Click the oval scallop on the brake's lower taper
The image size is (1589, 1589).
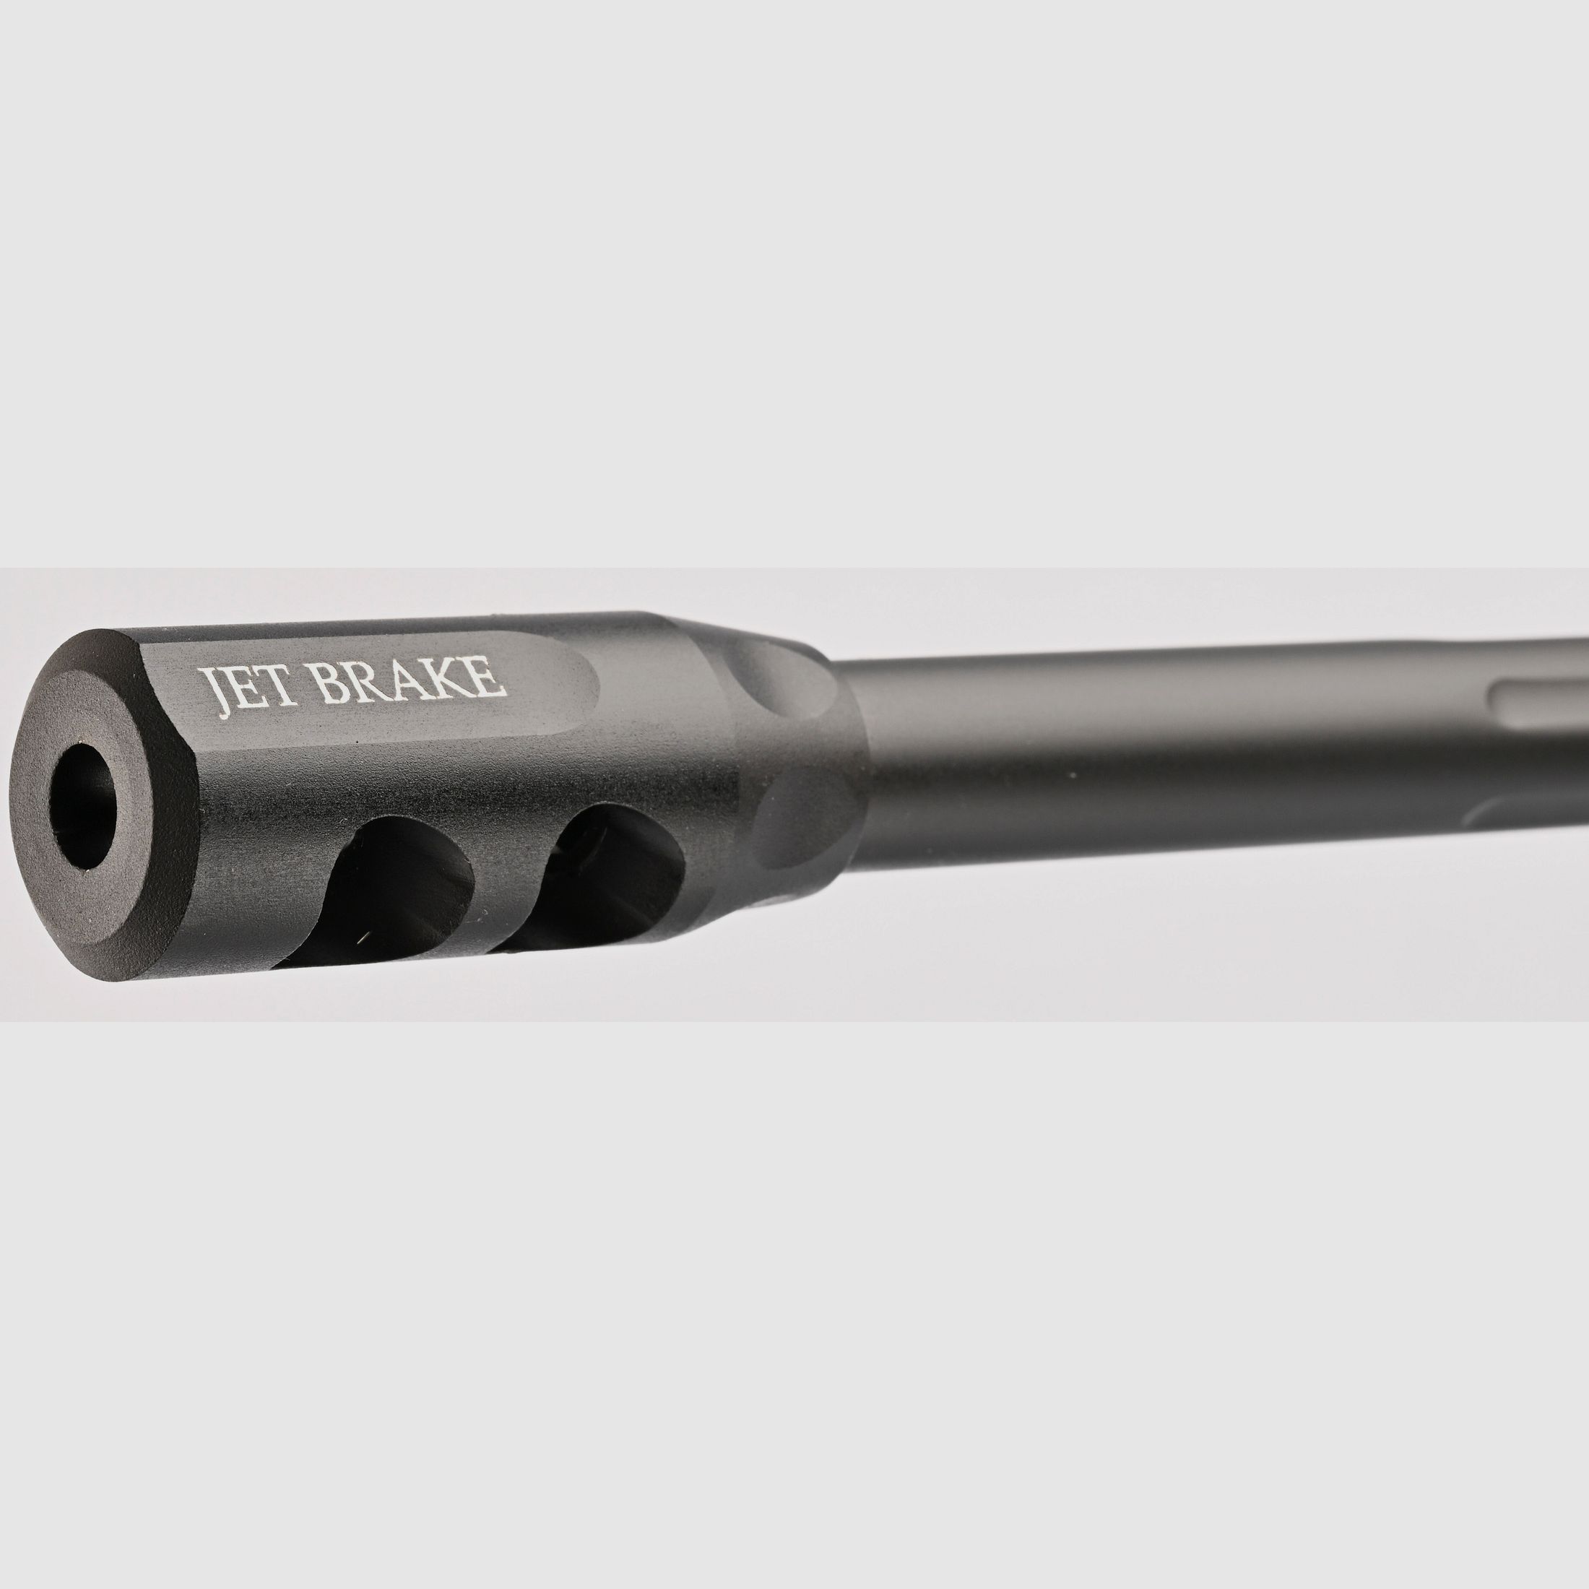(802, 831)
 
